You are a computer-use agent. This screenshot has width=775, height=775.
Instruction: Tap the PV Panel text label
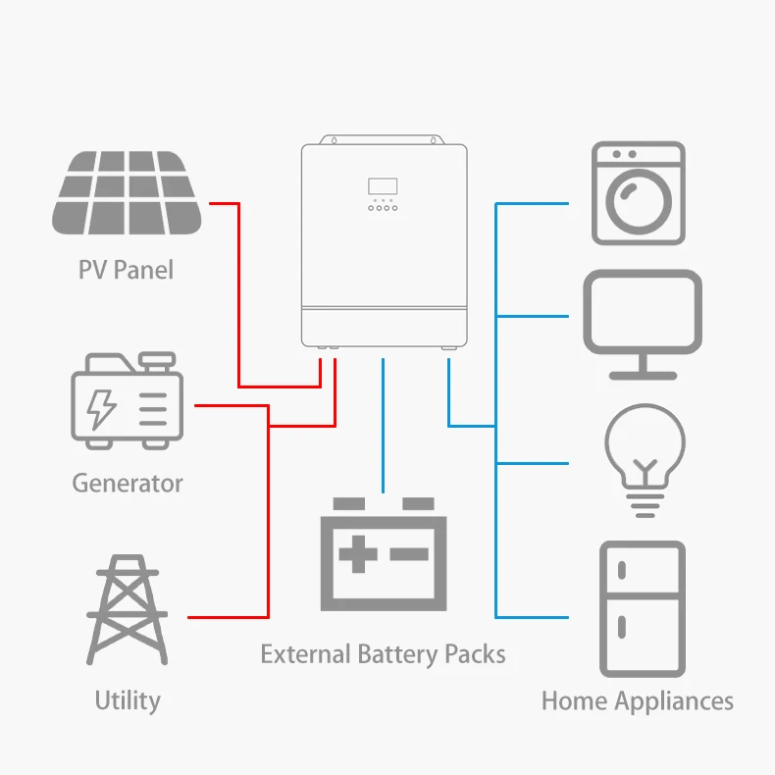[x=126, y=270]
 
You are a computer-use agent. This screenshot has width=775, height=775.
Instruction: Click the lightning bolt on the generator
[x=101, y=409]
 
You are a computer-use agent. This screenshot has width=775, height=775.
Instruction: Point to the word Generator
[x=128, y=483]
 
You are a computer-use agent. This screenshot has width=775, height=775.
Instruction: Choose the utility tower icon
[x=128, y=609]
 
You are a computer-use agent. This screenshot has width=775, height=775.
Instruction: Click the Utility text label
[x=128, y=700]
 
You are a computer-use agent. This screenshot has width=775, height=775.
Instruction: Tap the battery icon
[x=384, y=555]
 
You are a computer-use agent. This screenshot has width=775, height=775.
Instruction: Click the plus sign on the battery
[x=357, y=554]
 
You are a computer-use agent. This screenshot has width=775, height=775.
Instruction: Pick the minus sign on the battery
[x=409, y=554]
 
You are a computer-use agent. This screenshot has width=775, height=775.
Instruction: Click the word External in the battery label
[x=304, y=653]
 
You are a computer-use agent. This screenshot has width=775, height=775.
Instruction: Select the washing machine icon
[x=639, y=193]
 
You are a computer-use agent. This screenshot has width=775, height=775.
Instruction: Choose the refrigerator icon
[x=642, y=608]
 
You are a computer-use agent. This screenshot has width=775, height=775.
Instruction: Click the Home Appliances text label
[x=638, y=701]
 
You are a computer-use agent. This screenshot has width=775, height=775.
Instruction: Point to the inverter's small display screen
[x=383, y=186]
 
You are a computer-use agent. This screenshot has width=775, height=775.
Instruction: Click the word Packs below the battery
[x=475, y=653]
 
